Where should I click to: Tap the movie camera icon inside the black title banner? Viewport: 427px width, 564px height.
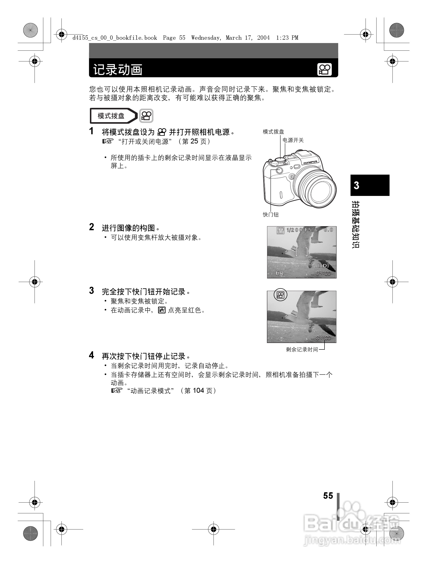(324, 69)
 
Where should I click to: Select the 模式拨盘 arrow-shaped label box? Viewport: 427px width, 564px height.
(113, 116)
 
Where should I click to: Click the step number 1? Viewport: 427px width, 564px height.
(91, 131)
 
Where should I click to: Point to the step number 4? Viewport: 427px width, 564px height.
(91, 355)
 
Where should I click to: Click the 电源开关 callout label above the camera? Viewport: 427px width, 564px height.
(293, 140)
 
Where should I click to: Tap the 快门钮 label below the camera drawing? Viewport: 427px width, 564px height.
(271, 215)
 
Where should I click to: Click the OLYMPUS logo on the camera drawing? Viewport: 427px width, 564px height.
(310, 162)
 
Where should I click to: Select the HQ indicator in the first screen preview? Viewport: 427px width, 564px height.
(280, 273)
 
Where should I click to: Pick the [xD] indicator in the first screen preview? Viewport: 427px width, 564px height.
(323, 265)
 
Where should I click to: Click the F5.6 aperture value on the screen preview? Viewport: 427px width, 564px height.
(311, 230)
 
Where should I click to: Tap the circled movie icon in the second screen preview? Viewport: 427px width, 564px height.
(280, 295)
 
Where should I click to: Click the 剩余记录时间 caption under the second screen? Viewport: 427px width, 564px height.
(302, 349)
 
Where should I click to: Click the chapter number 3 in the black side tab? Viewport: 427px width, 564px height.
(356, 185)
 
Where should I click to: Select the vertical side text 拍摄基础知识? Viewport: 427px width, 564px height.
(356, 224)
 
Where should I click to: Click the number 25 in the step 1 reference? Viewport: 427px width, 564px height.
(194, 141)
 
